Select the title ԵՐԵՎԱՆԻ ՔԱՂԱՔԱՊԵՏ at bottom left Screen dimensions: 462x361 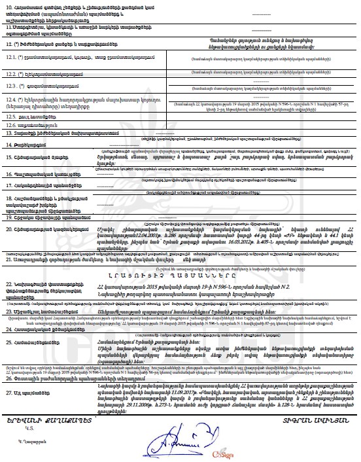(x=49, y=425)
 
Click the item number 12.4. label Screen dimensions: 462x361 (x=12, y=99)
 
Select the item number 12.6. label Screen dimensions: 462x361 (x=12, y=124)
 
